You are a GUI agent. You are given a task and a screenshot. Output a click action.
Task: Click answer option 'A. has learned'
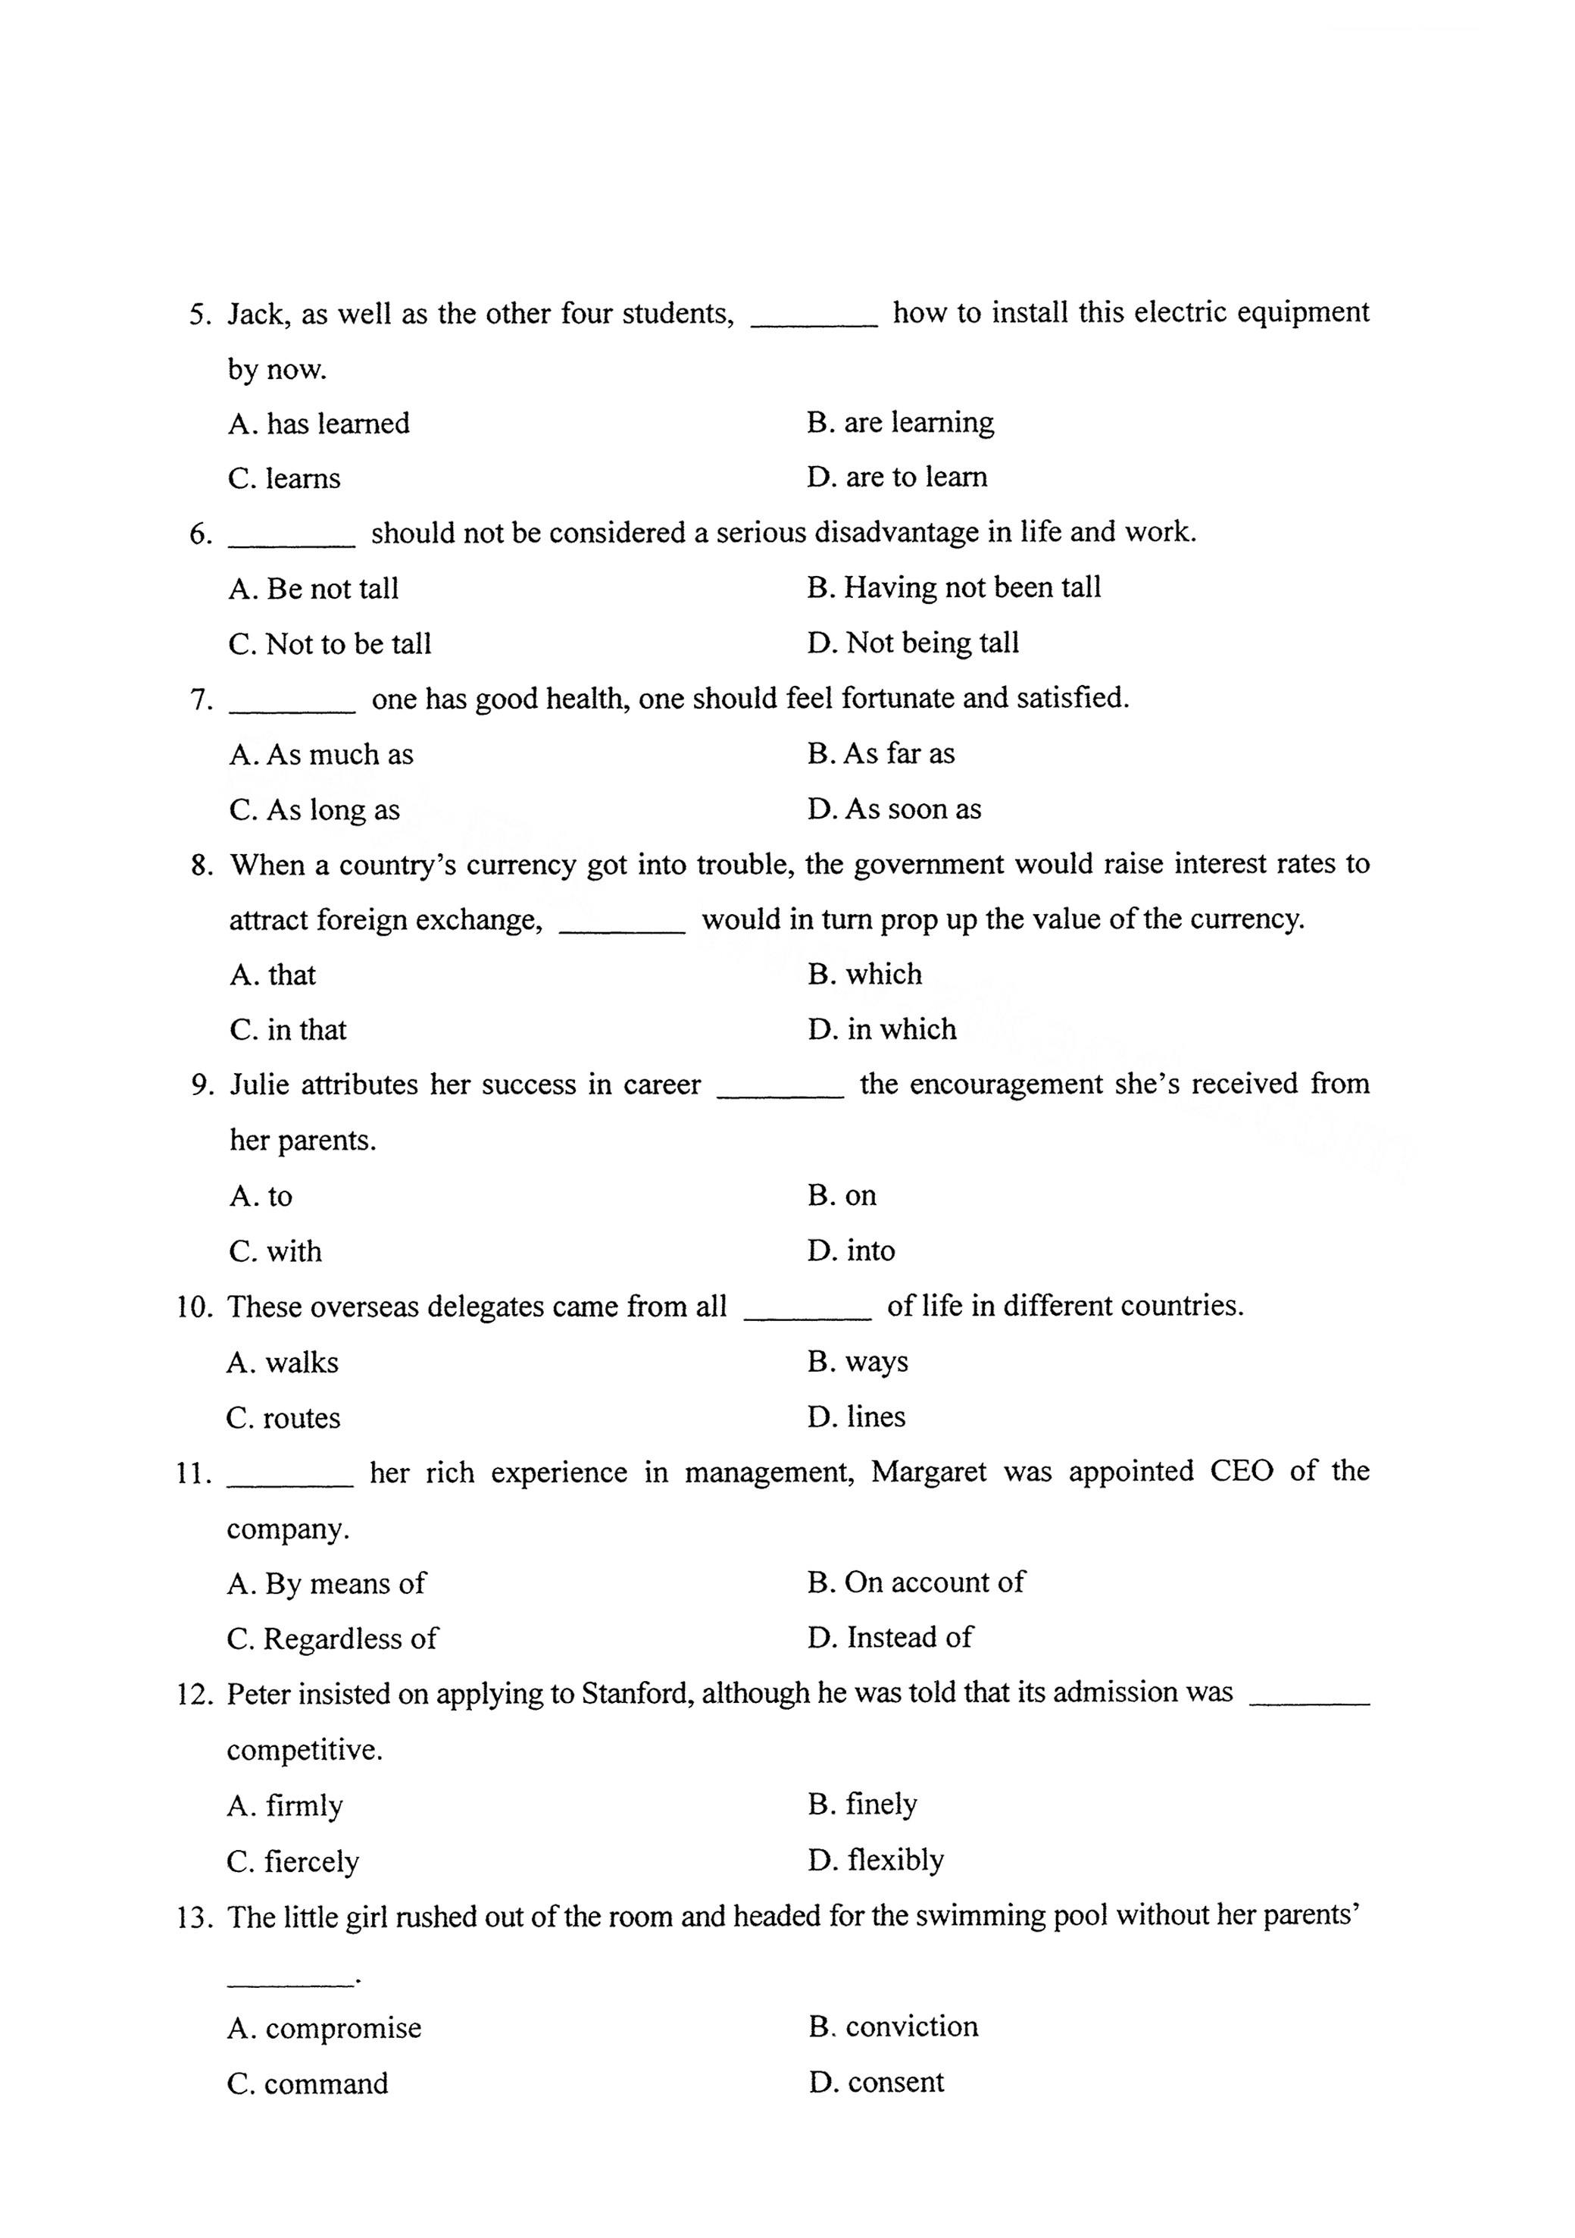click(x=319, y=424)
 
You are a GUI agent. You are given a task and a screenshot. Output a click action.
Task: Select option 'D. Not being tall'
click(x=913, y=643)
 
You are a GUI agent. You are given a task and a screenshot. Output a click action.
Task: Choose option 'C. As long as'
click(x=314, y=810)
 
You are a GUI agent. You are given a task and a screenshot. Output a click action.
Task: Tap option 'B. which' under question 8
click(x=864, y=975)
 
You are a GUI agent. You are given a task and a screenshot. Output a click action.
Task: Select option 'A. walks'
click(x=283, y=1362)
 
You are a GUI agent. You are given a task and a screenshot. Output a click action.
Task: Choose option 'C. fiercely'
click(x=292, y=1862)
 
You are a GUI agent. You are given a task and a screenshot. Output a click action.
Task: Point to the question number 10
click(x=195, y=1307)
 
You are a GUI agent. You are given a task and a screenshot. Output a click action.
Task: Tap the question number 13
click(x=195, y=1917)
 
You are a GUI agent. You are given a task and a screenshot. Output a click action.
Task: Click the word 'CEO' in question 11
click(x=1242, y=1471)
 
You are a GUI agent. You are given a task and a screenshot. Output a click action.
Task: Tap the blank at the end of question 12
click(x=1309, y=1703)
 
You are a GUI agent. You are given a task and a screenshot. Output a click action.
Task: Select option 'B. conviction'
click(x=892, y=2027)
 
